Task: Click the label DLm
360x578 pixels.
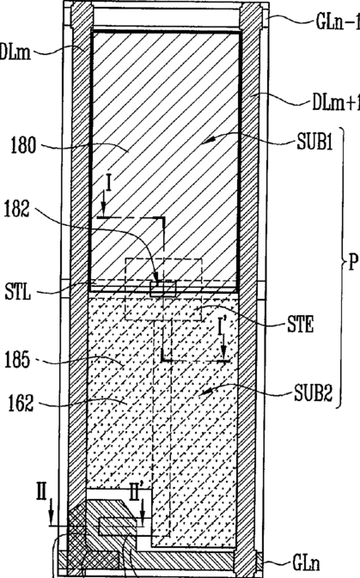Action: click(x=15, y=52)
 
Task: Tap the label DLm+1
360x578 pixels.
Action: click(x=336, y=103)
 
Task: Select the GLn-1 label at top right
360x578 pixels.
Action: click(x=338, y=22)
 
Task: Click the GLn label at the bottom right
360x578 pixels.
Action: click(x=306, y=563)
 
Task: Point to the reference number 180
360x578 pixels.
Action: click(x=23, y=145)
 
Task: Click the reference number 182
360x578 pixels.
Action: click(x=17, y=210)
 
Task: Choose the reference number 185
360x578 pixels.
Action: click(x=17, y=359)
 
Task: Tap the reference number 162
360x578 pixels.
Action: click(x=21, y=403)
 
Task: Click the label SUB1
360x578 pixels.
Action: click(x=315, y=142)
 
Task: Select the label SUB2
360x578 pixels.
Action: click(x=314, y=393)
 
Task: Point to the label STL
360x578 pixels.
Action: click(x=18, y=292)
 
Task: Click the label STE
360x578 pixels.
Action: click(x=301, y=326)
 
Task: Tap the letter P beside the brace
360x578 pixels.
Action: click(x=353, y=263)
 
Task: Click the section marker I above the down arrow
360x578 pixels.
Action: click(x=108, y=183)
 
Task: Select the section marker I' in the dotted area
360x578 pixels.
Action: click(x=222, y=327)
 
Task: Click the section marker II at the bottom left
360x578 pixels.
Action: click(x=41, y=492)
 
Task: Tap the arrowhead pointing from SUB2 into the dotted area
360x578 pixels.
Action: click(x=208, y=392)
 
